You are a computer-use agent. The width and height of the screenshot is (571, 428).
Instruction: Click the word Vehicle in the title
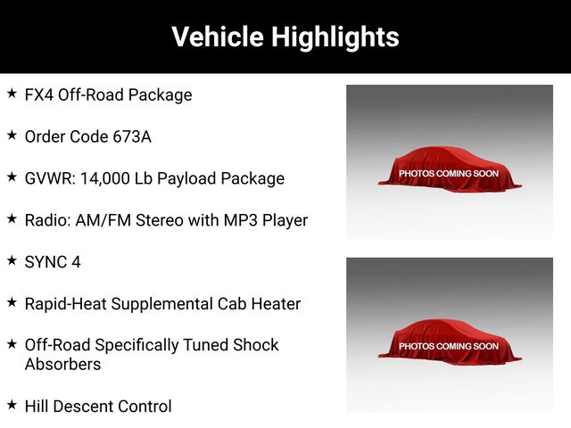(x=218, y=37)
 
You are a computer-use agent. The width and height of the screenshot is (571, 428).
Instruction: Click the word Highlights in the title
(x=335, y=37)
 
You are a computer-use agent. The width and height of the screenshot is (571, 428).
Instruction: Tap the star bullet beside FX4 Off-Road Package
(x=12, y=94)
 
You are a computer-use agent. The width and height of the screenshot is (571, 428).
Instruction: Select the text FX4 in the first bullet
(x=39, y=95)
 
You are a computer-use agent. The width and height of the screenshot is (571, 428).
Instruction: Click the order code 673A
(x=132, y=136)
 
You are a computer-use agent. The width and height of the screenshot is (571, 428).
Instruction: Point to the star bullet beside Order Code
(x=12, y=136)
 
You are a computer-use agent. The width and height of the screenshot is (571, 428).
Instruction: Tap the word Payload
(x=186, y=179)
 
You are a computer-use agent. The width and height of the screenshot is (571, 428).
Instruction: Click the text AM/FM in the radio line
(x=103, y=220)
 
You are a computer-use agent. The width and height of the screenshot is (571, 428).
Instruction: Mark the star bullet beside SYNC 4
(x=12, y=260)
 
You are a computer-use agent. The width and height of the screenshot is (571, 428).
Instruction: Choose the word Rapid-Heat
(x=65, y=304)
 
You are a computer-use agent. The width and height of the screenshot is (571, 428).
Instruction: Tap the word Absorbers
(x=62, y=365)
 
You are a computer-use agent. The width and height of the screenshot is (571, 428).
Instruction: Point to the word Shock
(x=256, y=345)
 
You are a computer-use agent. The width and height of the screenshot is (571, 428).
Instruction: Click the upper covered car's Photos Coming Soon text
(x=449, y=174)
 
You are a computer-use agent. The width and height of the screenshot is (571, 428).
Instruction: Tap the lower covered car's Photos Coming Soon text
(x=449, y=346)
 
